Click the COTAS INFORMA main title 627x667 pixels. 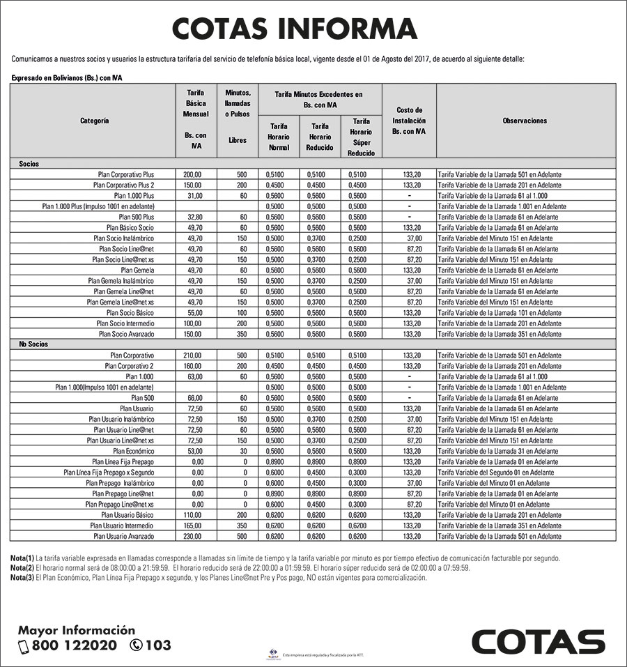tap(295, 29)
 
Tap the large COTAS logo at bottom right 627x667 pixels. tap(538, 641)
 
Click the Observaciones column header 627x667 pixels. tap(525, 121)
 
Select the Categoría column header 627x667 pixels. tap(94, 121)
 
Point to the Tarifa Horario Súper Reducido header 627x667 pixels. tap(361, 137)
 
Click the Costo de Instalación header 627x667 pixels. tap(409, 121)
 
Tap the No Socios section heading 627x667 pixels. tap(33, 344)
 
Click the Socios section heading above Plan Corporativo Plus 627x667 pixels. tap(29, 163)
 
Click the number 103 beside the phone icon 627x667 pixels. tap(158, 646)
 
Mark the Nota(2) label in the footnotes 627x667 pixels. tap(22, 568)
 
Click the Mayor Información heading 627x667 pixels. tap(77, 630)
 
